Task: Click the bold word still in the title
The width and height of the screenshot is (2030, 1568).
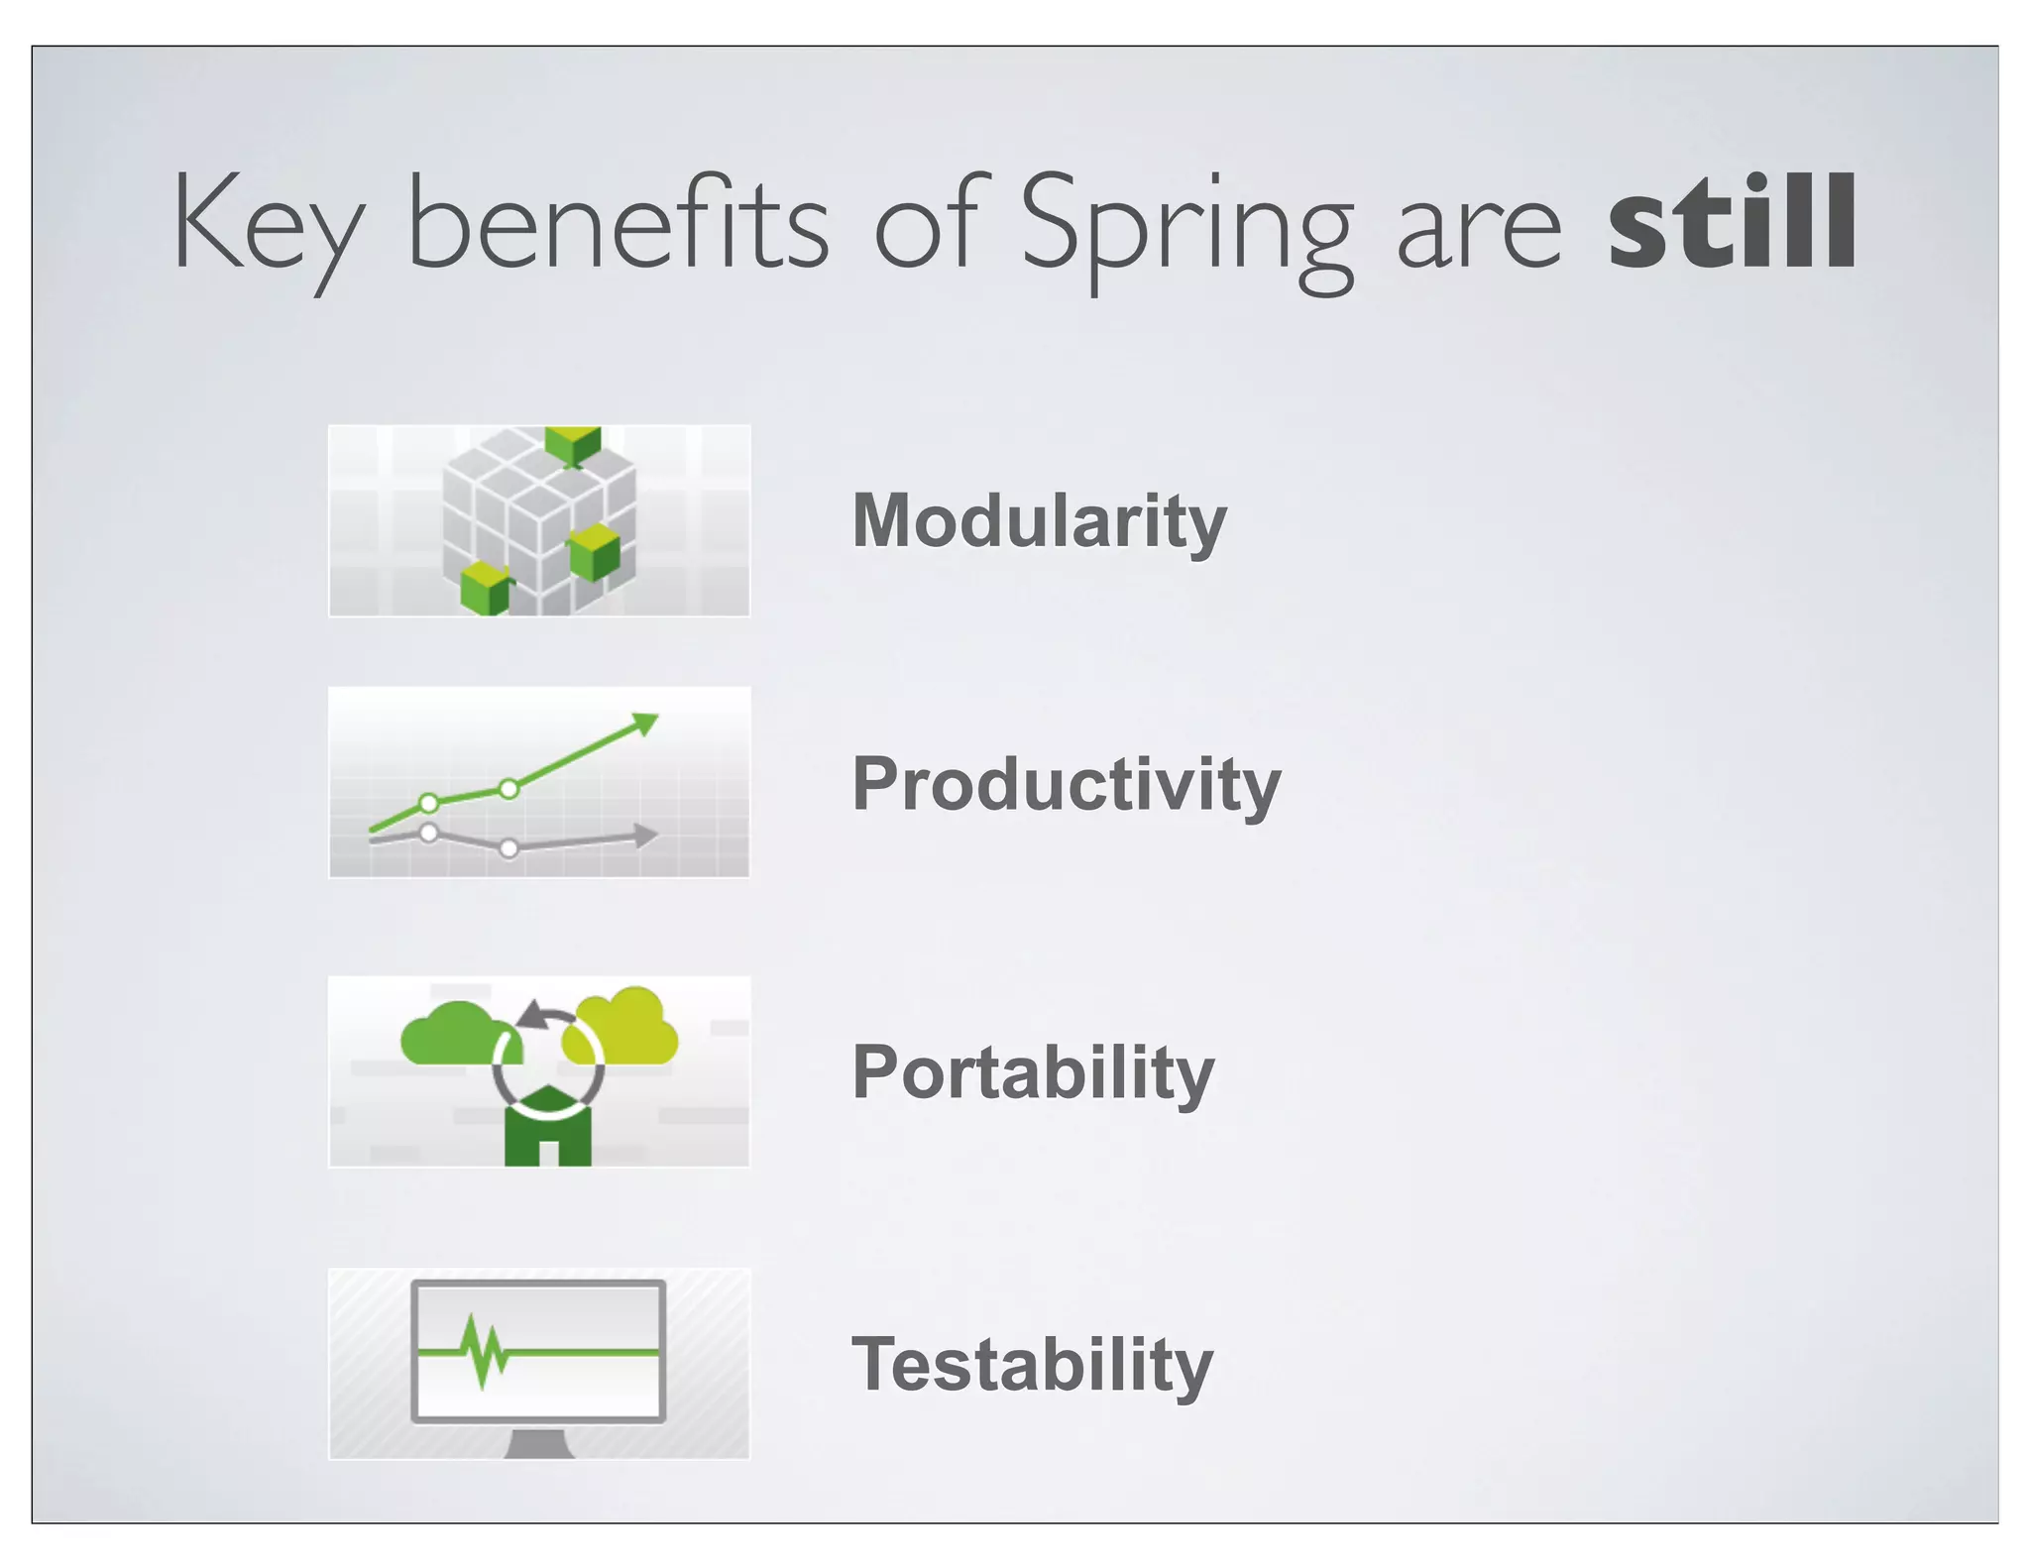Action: click(x=1732, y=222)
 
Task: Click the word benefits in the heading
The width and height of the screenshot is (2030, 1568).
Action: click(x=618, y=222)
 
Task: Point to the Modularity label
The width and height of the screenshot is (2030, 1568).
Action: click(x=1039, y=520)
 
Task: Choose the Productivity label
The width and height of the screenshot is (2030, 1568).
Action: click(x=1066, y=783)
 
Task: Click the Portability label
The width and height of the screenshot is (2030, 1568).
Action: click(x=1033, y=1072)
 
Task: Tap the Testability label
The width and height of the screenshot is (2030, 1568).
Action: click(x=1032, y=1364)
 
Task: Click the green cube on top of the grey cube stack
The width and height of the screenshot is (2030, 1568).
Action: click(x=573, y=445)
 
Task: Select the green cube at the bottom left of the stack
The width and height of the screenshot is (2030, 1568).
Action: click(x=485, y=588)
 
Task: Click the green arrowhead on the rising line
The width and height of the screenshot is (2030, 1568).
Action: click(x=645, y=724)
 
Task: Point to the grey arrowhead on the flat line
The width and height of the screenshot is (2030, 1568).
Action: click(x=645, y=836)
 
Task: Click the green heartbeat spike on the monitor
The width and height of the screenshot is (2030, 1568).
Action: click(x=483, y=1351)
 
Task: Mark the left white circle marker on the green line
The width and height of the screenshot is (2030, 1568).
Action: click(x=428, y=802)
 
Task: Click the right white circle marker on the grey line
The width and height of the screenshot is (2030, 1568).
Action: click(x=508, y=848)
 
